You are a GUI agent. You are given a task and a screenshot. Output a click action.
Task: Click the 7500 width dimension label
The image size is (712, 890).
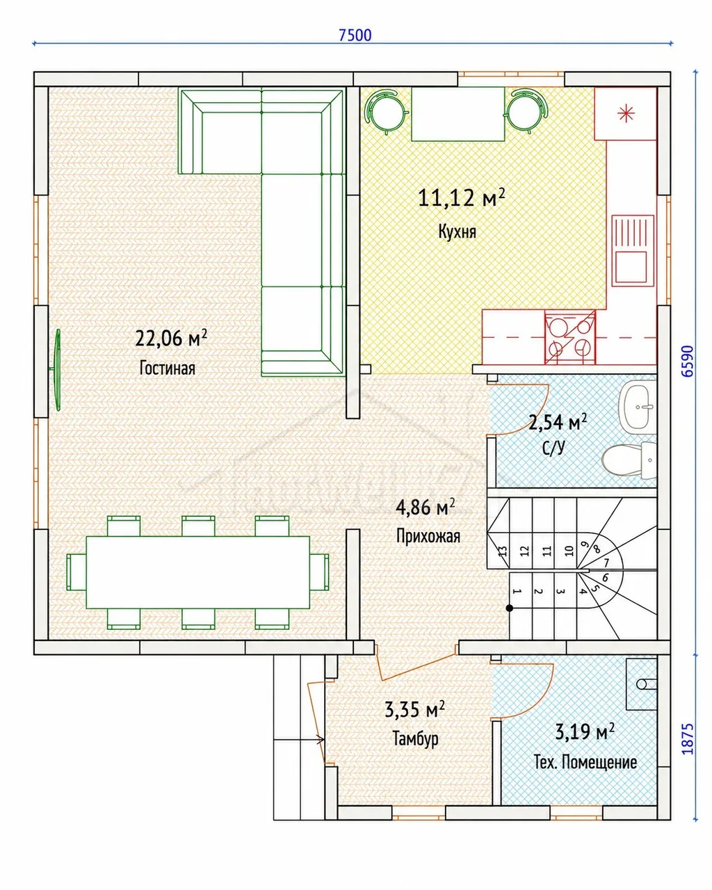pos(355,35)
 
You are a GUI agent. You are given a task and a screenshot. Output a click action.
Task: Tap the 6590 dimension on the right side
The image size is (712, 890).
pos(687,361)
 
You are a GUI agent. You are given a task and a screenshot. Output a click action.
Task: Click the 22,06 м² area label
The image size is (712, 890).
pos(171,339)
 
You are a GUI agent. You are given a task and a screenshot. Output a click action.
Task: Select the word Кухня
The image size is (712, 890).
pos(457,232)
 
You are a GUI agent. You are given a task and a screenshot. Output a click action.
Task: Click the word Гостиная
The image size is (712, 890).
pos(167,368)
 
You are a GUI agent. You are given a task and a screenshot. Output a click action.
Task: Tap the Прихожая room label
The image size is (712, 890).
pos(428,536)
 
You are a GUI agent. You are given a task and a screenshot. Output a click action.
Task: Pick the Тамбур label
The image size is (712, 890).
pos(415,738)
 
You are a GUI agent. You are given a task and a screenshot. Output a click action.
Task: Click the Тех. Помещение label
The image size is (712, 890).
pos(585,762)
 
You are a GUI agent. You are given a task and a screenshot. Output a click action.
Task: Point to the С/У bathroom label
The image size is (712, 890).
pos(553,447)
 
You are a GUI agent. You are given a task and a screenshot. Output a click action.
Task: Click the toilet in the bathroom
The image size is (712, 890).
pos(629,460)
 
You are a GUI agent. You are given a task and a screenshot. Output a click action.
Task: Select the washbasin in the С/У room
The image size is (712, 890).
pos(637,406)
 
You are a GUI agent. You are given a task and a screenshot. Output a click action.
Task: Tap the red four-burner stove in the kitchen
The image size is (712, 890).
pos(570,337)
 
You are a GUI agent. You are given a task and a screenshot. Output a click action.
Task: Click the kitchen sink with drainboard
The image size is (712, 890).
pos(633,250)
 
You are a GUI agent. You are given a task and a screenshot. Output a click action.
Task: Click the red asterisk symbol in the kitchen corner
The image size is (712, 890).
pos(626,113)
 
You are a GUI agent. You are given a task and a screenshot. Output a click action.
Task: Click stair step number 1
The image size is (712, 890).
pos(517,592)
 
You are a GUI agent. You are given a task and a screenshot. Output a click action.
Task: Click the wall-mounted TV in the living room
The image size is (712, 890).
pos(56,369)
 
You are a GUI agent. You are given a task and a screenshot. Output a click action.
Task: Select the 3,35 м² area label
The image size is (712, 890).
pos(415,710)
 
